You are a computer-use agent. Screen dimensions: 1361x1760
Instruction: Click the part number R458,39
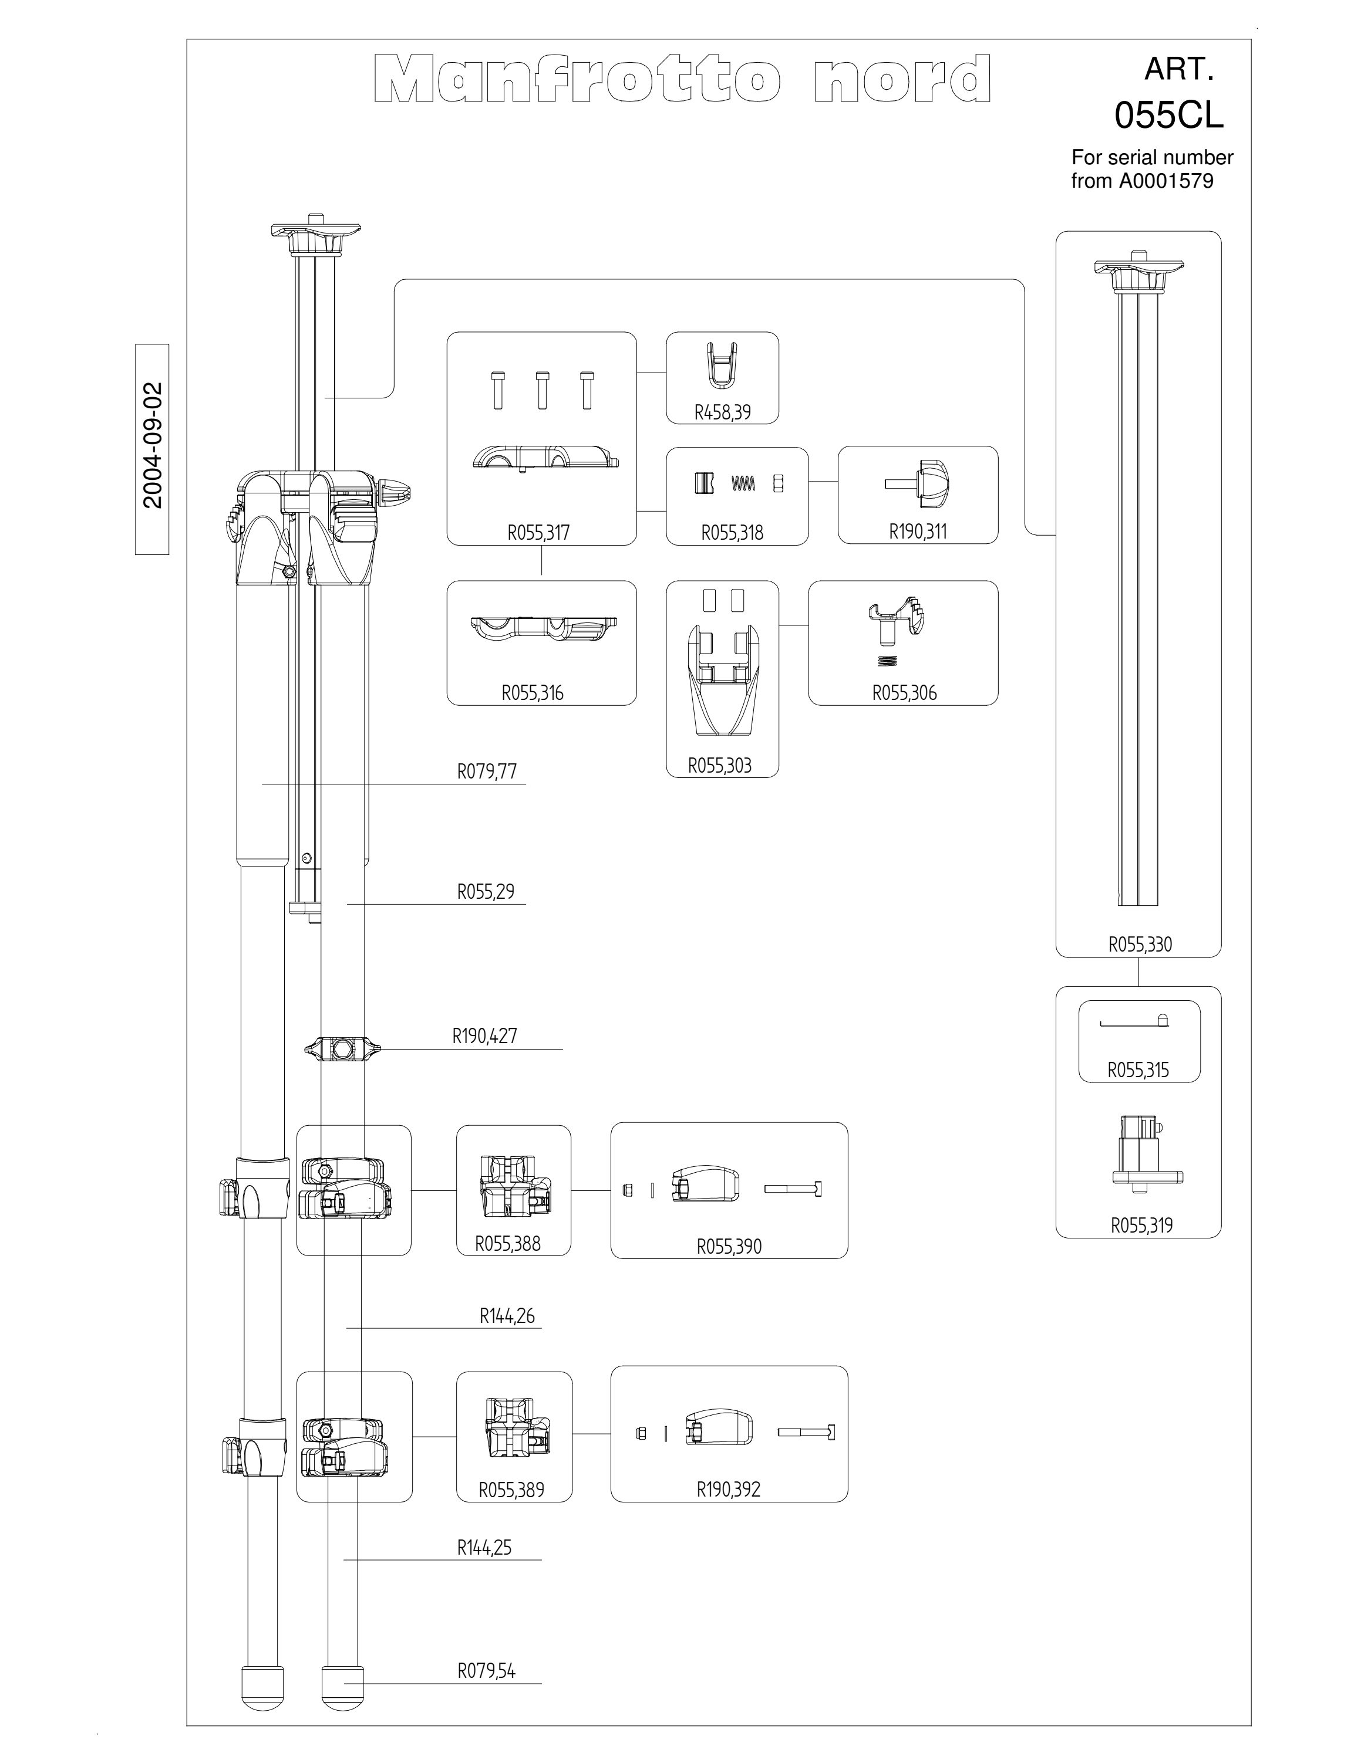click(x=722, y=412)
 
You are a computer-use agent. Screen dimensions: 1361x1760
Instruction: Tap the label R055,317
click(x=538, y=532)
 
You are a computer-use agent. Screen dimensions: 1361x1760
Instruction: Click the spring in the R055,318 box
click(x=743, y=483)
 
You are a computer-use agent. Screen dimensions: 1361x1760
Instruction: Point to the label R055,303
click(x=720, y=766)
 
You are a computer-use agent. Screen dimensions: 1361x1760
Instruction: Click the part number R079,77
click(x=487, y=771)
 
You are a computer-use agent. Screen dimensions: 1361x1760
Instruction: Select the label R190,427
click(x=484, y=1035)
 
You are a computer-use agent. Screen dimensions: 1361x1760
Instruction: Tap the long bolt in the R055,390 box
click(x=793, y=1189)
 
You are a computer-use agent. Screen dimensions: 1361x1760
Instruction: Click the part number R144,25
click(x=484, y=1547)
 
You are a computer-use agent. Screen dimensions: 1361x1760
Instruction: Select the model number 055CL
click(x=1169, y=116)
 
